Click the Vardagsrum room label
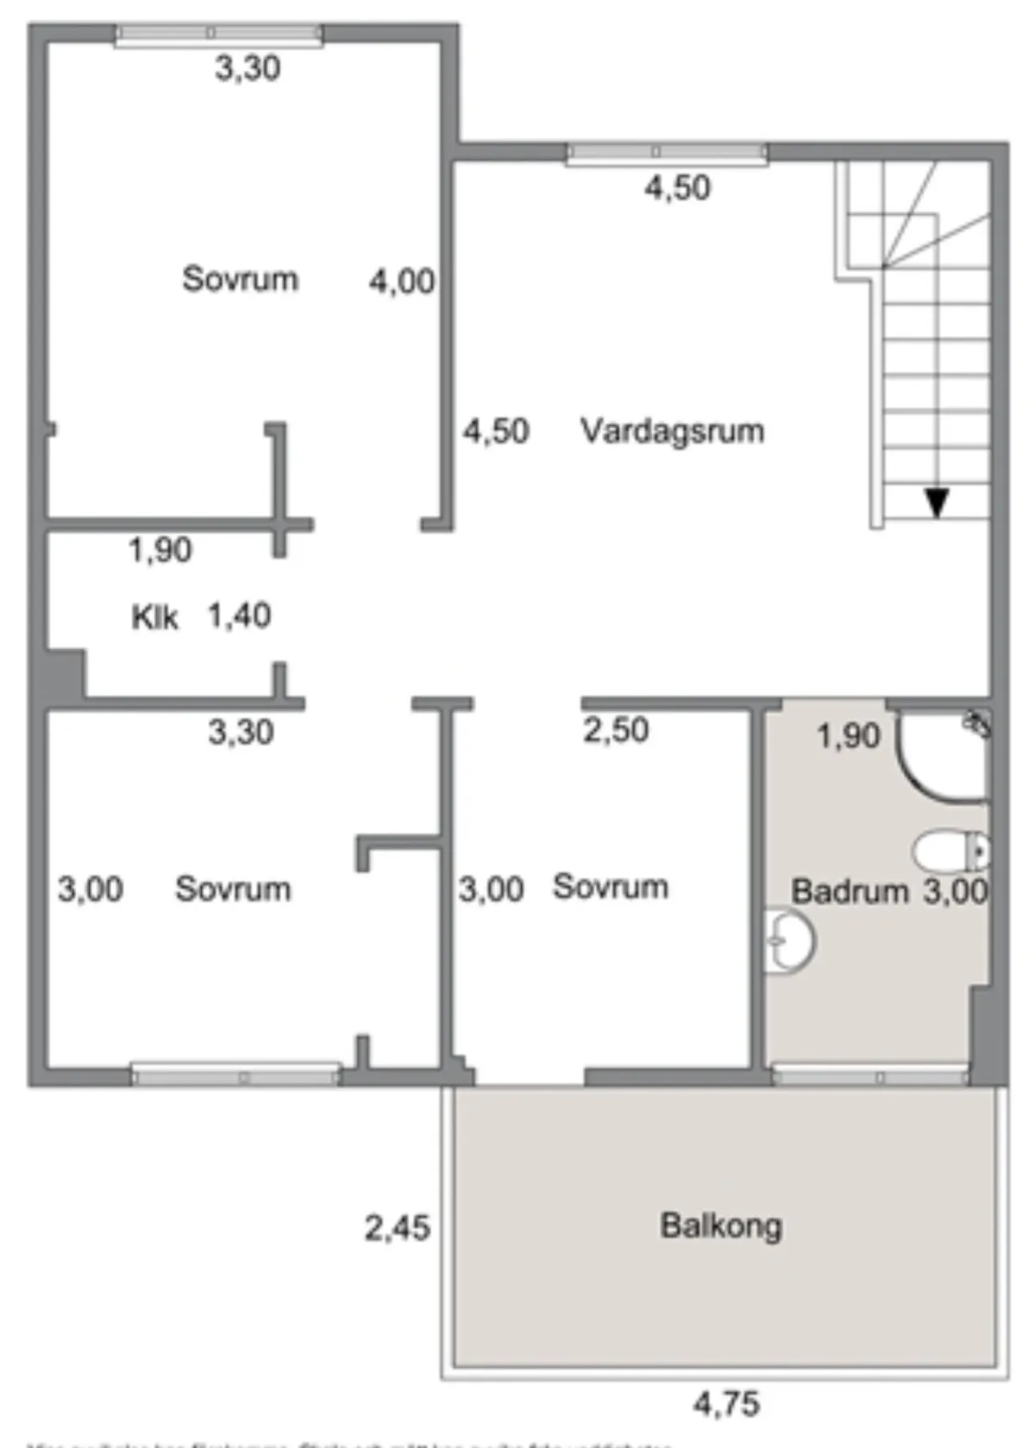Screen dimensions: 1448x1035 [x=672, y=430]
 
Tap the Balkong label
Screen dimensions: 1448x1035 [x=721, y=1225]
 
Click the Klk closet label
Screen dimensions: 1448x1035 [x=154, y=617]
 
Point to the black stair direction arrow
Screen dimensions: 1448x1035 [x=937, y=502]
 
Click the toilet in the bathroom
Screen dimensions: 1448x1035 [x=949, y=852]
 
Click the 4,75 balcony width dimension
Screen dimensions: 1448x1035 [x=726, y=1404]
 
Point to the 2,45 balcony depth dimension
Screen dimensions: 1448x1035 [x=397, y=1227]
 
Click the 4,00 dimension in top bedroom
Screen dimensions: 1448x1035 [x=402, y=280]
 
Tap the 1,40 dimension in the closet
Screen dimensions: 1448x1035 [x=239, y=615]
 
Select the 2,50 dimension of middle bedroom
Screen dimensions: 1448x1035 [x=616, y=730]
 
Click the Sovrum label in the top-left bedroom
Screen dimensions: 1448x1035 [x=240, y=279]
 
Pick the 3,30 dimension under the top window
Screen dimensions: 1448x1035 [x=248, y=67]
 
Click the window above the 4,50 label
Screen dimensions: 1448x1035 [x=666, y=153]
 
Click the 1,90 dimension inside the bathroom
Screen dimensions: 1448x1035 [x=848, y=736]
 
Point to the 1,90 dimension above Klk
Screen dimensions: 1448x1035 [x=160, y=550]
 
